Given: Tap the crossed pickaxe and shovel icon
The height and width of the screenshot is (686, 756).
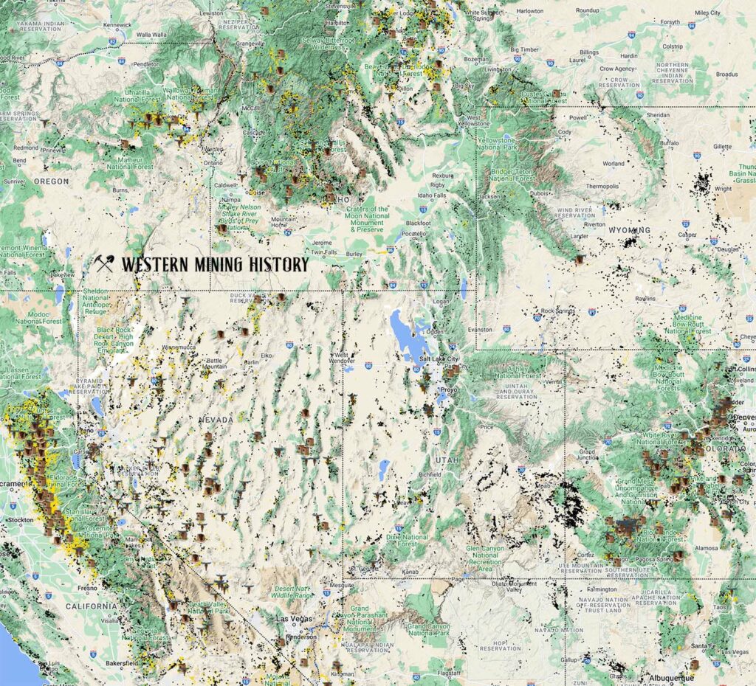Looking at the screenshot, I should (x=104, y=264).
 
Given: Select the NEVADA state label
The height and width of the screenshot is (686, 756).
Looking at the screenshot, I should (x=215, y=419).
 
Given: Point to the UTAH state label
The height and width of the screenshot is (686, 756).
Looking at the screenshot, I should (x=441, y=459).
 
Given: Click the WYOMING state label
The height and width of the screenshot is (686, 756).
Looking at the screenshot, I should (x=629, y=230).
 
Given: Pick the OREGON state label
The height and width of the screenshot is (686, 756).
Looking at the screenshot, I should (x=51, y=181).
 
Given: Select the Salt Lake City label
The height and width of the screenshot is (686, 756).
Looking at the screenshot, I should (x=439, y=358).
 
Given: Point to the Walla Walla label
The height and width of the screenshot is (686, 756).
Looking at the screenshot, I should (x=152, y=34).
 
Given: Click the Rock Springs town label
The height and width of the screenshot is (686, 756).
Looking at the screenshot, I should (x=557, y=311).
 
